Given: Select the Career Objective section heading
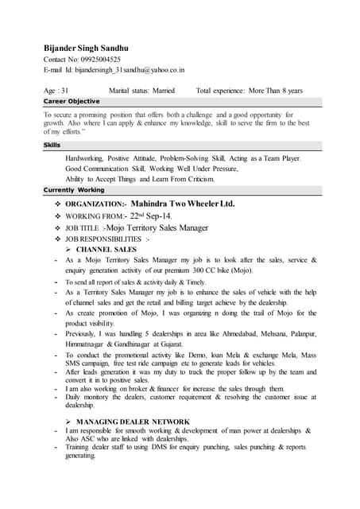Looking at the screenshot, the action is coord(72,102).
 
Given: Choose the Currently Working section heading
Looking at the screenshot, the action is coord(74,190).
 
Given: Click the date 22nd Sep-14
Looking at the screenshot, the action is coord(151,216).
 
